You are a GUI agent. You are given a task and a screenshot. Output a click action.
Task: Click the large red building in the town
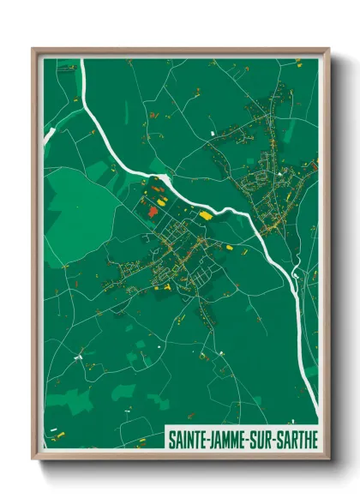tap(152, 210)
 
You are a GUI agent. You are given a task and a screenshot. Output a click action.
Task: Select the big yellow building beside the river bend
tap(206, 216)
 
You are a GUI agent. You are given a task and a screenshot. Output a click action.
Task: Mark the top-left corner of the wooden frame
tap(33, 50)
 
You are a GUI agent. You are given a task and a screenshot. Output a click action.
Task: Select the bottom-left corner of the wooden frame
tap(33, 459)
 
